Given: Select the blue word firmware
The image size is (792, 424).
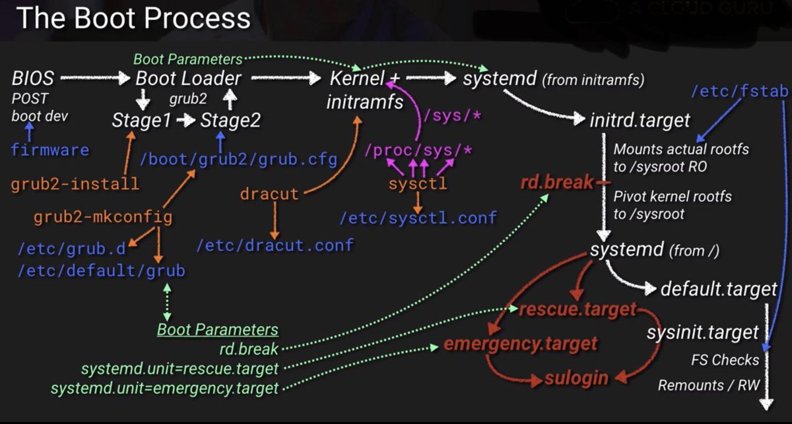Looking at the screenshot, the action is coord(49,150).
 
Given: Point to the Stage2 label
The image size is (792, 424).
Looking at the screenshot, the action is coord(230,121).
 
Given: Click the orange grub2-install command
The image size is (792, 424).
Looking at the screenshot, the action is coord(75,183).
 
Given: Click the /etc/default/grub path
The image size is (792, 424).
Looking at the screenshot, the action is coord(102,271).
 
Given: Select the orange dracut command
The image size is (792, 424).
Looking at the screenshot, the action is coord(269,195).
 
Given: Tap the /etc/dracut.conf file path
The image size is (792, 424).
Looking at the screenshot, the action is coord(275,245).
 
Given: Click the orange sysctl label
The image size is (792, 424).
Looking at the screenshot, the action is coord(418,183).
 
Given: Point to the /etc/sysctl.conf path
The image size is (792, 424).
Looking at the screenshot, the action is coord(418,217).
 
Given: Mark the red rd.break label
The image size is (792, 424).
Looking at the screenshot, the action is coord(547,182).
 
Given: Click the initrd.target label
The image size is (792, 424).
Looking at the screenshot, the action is coord(640,120).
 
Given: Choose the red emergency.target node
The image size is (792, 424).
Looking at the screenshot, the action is coord(521,344).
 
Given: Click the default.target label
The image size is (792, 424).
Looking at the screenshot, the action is coord(709,289).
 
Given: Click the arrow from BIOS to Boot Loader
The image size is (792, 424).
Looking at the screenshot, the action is coord(94,79).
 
